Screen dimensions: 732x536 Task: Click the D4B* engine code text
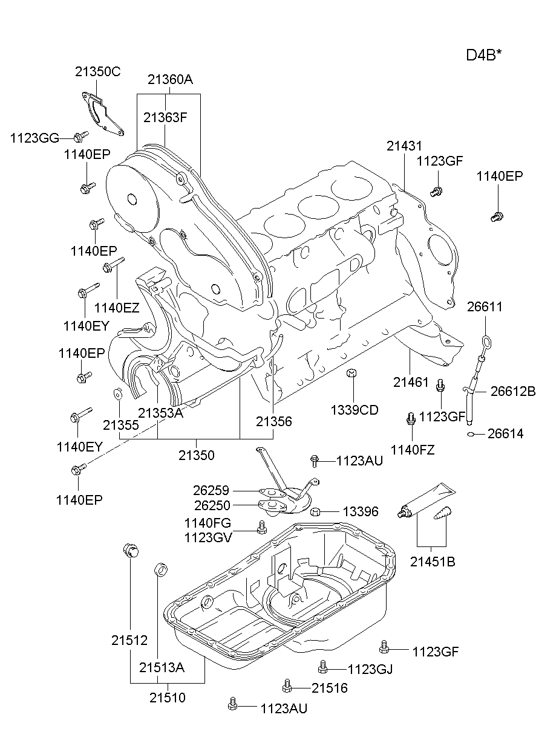[483, 55]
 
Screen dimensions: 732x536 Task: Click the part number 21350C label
[97, 71]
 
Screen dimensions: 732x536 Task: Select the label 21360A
[170, 79]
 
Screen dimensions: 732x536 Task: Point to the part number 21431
[404, 146]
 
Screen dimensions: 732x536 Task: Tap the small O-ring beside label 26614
[471, 434]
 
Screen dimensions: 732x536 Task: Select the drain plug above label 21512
[130, 551]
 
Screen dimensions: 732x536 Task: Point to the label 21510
[168, 698]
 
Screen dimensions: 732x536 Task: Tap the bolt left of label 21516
[287, 686]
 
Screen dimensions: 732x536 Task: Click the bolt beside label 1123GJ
[323, 667]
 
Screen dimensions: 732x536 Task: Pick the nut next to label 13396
[315, 513]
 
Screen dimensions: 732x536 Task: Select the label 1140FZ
[412, 449]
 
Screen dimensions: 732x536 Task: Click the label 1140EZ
[117, 308]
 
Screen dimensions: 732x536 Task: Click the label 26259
[212, 491]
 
